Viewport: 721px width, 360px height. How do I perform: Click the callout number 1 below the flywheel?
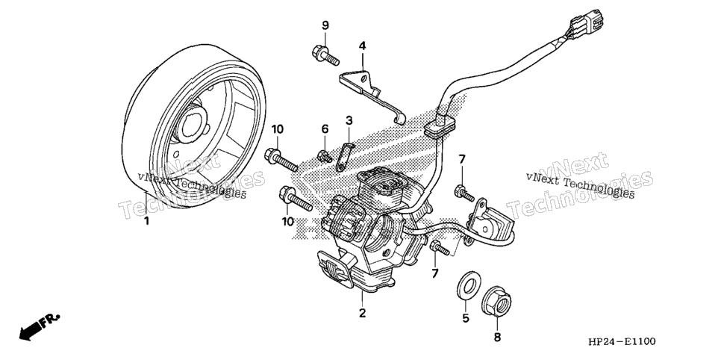(147, 221)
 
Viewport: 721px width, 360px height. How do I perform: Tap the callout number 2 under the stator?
(362, 314)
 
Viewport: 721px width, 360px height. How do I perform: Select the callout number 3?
(349, 121)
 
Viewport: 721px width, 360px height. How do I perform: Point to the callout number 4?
(362, 46)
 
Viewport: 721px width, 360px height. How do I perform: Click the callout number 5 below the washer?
(465, 317)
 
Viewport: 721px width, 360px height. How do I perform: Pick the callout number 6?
(325, 129)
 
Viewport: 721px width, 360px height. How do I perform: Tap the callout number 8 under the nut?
(497, 338)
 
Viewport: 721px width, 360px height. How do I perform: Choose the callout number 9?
(325, 25)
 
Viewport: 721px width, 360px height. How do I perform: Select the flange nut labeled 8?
(496, 304)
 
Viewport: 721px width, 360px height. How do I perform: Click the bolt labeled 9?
(325, 55)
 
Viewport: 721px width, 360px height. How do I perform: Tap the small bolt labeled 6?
(325, 157)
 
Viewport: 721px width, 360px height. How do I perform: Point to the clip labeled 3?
(344, 157)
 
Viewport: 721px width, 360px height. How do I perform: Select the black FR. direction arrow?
(39, 327)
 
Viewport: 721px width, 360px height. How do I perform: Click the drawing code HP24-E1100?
(621, 341)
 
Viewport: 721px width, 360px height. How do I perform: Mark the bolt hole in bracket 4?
(364, 78)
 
